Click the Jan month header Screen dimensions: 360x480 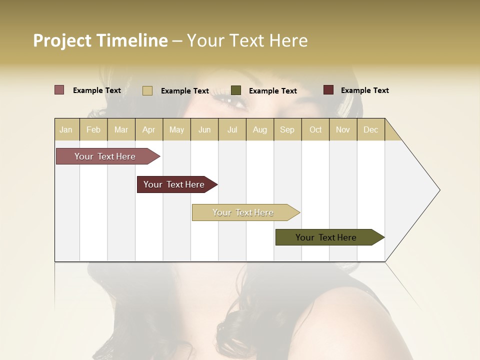[66, 129]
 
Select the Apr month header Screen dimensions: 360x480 [148, 129]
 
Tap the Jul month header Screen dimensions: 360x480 [232, 129]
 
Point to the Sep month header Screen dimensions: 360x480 [287, 129]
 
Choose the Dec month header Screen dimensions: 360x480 [370, 129]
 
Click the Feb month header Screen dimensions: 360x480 [93, 129]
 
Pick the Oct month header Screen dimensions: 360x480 [315, 129]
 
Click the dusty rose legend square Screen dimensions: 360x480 [59, 90]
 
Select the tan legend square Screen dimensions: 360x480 [147, 90]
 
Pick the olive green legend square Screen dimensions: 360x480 [236, 90]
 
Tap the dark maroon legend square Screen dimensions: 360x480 [328, 90]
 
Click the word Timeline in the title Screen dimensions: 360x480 [132, 40]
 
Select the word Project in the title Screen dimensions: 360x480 [62, 40]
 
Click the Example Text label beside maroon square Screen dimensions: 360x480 [364, 90]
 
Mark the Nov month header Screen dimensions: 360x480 [343, 129]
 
